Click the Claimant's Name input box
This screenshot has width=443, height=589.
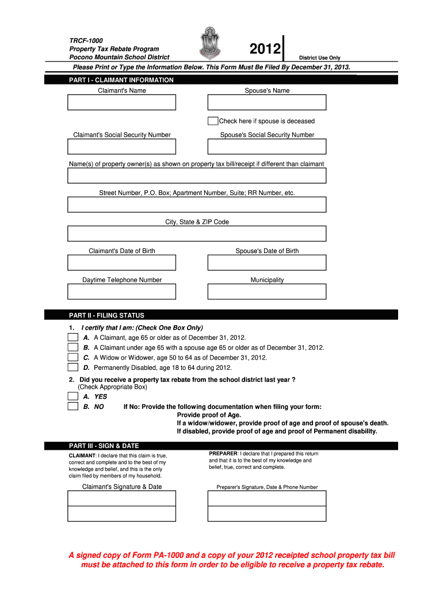(x=121, y=102)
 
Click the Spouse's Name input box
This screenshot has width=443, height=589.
(x=267, y=102)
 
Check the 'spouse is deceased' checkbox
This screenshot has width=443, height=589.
(x=213, y=121)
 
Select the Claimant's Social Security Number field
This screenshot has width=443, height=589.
(x=121, y=147)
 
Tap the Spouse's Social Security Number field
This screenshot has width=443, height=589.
(x=267, y=147)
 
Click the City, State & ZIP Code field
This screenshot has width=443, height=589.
(x=197, y=234)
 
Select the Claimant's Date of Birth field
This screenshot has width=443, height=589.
(x=121, y=262)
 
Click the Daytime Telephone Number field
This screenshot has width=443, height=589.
(x=121, y=292)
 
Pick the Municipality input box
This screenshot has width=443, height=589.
(x=267, y=292)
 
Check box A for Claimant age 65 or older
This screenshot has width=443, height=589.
(x=72, y=338)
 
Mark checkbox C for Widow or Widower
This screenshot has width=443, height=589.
(x=72, y=357)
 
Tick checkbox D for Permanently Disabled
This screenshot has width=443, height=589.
(x=72, y=367)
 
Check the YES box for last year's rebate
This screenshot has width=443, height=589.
(x=72, y=396)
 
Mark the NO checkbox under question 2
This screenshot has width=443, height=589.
(x=72, y=406)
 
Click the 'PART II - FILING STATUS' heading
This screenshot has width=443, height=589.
(x=106, y=315)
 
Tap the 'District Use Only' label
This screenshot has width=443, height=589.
(x=319, y=58)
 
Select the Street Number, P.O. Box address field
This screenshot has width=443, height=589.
(x=197, y=205)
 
